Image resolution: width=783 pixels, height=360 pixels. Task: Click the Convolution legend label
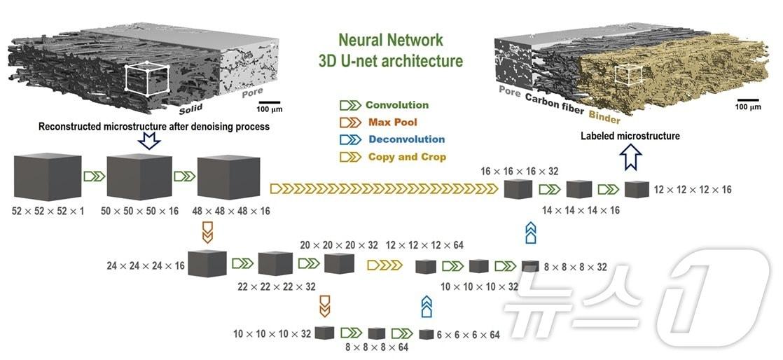396,105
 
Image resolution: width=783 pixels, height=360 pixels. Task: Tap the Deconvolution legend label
406,139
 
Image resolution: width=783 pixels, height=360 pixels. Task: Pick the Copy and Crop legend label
406,157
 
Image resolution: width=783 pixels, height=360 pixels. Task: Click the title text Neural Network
390,40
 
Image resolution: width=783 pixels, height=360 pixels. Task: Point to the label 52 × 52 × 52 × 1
48,210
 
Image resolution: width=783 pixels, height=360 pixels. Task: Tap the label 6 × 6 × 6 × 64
468,335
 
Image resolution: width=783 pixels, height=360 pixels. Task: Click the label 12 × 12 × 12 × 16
692,190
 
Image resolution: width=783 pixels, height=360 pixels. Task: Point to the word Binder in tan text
604,116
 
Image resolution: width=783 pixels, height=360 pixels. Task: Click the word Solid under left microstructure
190,110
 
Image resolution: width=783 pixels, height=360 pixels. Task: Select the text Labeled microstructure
630,136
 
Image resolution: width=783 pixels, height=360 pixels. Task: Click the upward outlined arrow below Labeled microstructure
632,160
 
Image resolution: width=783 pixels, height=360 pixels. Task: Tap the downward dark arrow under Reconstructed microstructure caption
150,141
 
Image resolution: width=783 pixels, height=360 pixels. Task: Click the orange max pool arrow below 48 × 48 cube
207,232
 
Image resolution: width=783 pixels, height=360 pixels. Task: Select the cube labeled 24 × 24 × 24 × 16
207,263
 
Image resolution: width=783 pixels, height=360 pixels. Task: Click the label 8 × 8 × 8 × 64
377,347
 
